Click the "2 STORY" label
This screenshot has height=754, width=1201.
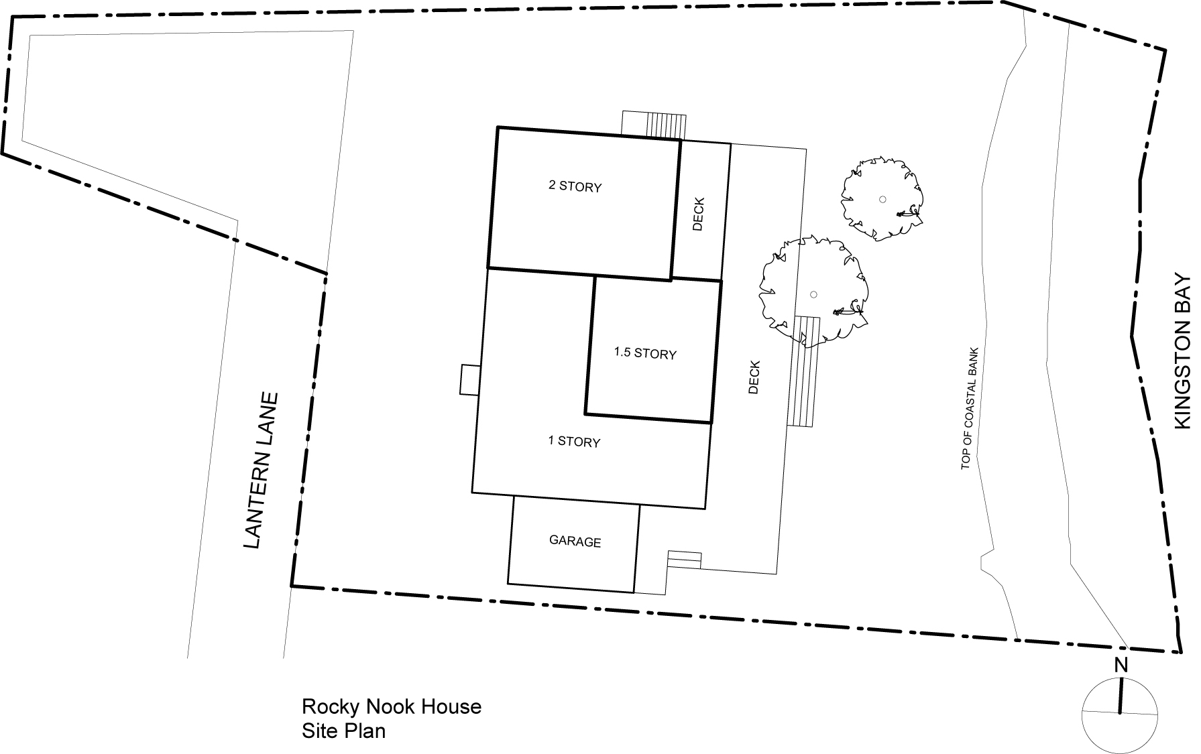pos(575,186)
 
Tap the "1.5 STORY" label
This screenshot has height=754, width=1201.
pos(645,353)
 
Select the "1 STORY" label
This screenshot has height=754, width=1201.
pos(574,441)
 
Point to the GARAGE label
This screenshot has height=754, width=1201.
pos(575,541)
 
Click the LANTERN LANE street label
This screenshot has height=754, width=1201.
pos(260,470)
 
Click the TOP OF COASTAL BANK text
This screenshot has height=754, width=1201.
pos(970,408)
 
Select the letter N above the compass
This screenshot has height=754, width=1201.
pos(1120,666)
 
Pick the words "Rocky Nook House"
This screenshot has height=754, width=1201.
pos(392,706)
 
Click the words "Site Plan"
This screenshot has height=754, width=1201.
pos(343,730)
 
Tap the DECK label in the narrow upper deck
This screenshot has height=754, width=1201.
pos(698,214)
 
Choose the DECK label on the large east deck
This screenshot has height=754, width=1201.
pos(754,377)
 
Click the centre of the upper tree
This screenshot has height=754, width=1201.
pos(882,198)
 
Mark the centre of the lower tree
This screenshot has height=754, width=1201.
pos(813,294)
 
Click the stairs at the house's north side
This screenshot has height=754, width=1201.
pos(654,125)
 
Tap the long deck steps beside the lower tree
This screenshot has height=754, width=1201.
pos(803,371)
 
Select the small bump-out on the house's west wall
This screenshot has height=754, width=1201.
pos(469,380)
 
